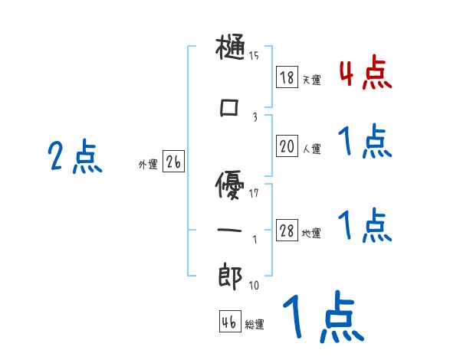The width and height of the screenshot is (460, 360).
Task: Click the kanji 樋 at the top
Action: tap(231, 51)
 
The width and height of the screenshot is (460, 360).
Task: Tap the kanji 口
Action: tap(230, 109)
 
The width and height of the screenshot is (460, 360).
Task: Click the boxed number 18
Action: tap(287, 77)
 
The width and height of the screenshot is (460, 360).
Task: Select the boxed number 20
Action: tap(287, 146)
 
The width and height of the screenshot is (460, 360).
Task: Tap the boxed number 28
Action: tap(287, 231)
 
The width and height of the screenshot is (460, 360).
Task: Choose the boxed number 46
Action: tap(229, 322)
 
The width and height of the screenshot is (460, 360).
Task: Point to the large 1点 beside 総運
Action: tap(321, 319)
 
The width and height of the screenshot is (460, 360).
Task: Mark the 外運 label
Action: tap(147, 164)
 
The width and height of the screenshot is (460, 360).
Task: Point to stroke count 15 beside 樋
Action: tap(254, 55)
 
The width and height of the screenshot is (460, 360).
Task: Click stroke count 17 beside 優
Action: tap(254, 192)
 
